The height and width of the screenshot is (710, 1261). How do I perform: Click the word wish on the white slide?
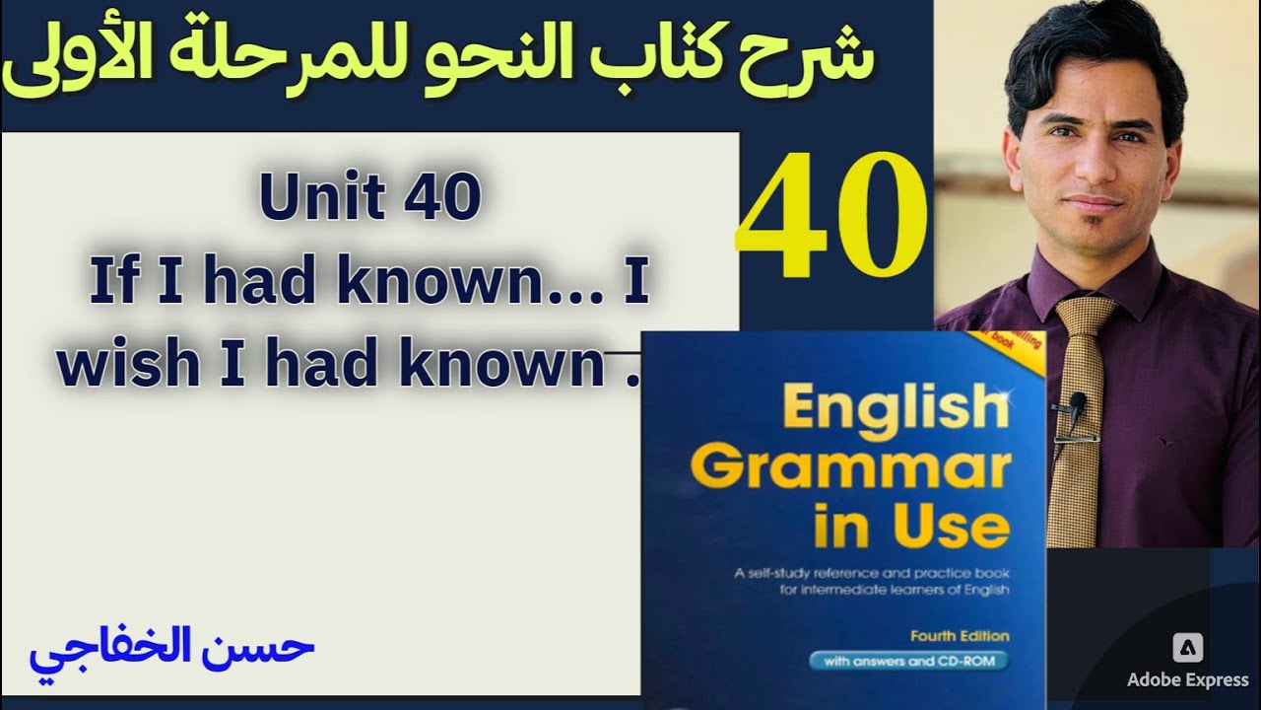point(117,368)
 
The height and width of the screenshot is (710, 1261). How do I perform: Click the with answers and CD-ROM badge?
point(909,662)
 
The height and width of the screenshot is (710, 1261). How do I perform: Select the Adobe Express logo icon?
point(1188,648)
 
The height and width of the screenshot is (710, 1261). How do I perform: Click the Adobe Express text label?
point(1188,680)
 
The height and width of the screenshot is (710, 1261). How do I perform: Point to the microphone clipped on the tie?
point(1078,402)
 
